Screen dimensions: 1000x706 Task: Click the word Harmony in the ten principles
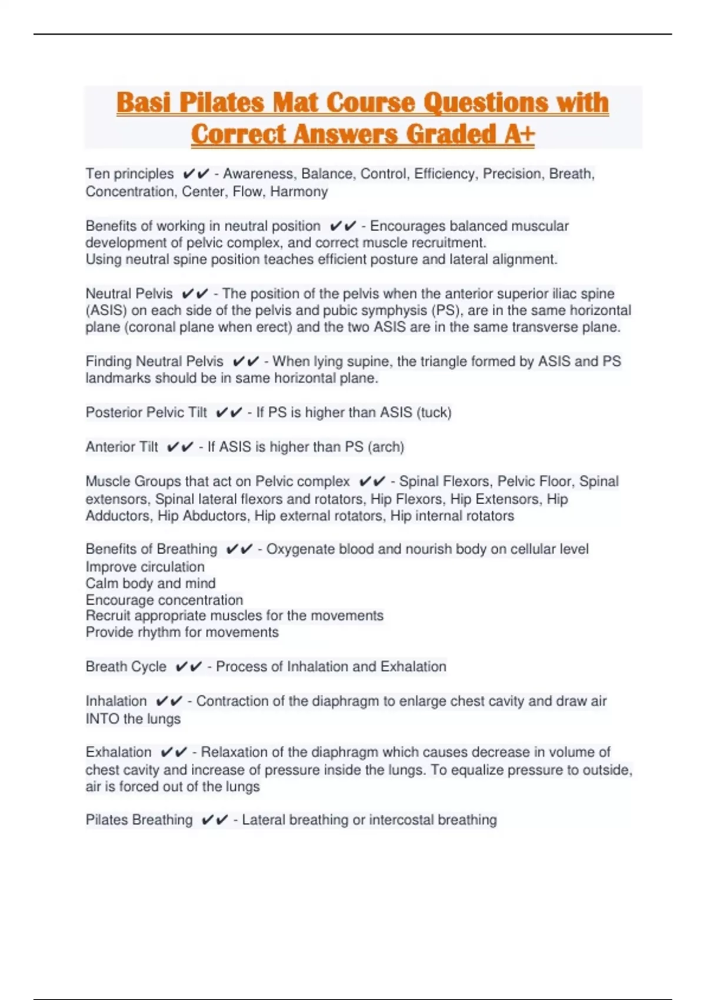[x=299, y=192]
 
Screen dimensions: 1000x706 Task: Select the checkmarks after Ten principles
[x=196, y=174]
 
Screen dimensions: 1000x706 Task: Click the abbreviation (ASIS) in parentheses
[x=106, y=311]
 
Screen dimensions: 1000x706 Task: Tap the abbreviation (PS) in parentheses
[x=447, y=311]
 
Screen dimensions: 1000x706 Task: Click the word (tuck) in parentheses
[x=434, y=412]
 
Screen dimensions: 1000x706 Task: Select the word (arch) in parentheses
[x=386, y=447]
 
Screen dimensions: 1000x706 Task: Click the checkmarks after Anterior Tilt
[x=180, y=447]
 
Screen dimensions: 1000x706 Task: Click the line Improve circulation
[x=145, y=567]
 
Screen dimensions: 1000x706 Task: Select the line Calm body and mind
[x=151, y=584]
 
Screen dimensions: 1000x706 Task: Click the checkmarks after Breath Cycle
[x=189, y=667]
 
